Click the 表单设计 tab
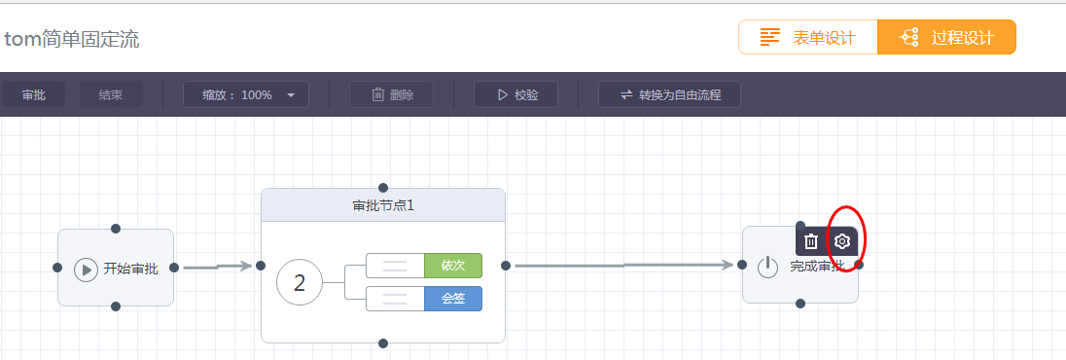(x=807, y=38)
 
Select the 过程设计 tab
(x=946, y=38)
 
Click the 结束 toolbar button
(x=110, y=94)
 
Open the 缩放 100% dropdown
(x=246, y=94)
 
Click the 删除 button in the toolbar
(x=391, y=94)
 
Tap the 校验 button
(x=515, y=94)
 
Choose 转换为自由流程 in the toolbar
(x=669, y=94)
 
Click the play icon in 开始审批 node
(x=87, y=269)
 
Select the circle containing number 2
(x=300, y=283)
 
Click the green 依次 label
(x=453, y=266)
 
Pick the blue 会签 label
(x=453, y=299)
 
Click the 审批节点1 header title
(x=383, y=205)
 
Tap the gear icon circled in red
(x=842, y=241)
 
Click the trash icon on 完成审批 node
(x=811, y=241)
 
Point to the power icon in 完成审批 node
(x=768, y=267)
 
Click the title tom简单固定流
(x=71, y=40)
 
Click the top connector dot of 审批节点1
(x=383, y=187)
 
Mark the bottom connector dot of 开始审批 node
(x=116, y=306)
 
